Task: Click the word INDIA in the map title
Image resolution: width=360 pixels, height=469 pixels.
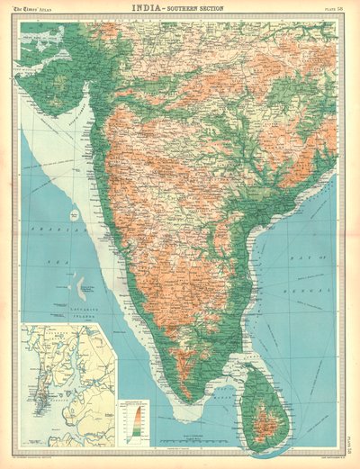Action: (147, 7)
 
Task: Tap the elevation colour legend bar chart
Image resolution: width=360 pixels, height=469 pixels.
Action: (137, 417)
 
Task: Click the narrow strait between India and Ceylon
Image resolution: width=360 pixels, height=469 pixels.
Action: (229, 376)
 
